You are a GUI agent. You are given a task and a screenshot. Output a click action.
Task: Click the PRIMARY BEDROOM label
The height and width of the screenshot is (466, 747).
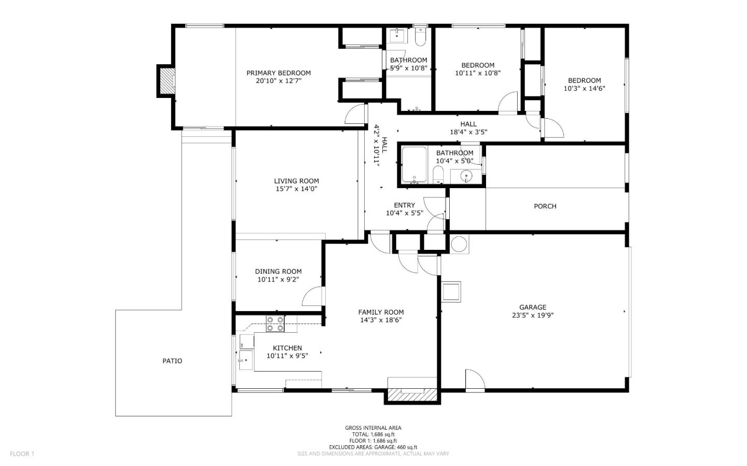point(279,73)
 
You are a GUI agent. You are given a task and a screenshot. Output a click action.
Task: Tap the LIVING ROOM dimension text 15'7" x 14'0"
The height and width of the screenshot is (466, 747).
point(296,189)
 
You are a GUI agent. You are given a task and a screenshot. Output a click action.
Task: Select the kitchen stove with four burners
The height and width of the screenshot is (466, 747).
point(275,323)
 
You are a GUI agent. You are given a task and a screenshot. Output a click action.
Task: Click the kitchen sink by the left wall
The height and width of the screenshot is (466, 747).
point(245,358)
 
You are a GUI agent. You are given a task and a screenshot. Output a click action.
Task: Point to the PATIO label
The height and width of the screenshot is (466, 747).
point(172,361)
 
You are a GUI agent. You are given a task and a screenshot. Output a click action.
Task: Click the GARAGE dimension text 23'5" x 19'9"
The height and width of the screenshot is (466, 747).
point(533,315)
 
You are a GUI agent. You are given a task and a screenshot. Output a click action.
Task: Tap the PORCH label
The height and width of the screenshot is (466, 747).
point(545,206)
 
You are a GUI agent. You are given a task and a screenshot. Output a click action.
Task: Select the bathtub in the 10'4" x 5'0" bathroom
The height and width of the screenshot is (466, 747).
point(414,165)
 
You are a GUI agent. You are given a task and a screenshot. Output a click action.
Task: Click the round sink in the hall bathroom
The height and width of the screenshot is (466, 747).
point(466,176)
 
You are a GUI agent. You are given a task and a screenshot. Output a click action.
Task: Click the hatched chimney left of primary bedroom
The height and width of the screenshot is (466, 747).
point(167,81)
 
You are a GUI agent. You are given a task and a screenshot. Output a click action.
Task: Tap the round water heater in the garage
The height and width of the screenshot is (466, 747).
point(459,244)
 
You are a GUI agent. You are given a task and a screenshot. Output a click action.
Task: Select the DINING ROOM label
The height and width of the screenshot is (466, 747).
point(278,272)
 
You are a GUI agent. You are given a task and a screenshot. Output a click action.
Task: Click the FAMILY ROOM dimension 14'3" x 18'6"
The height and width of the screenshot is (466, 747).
point(381,320)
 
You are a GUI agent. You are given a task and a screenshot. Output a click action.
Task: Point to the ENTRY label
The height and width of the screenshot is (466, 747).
point(404,205)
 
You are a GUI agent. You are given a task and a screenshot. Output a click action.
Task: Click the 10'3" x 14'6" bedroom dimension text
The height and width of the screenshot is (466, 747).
point(584,89)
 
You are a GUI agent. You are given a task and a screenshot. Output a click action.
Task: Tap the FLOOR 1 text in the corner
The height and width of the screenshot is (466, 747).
point(22,454)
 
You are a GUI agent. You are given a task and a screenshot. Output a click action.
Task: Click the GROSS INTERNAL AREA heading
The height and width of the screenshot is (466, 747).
point(373,428)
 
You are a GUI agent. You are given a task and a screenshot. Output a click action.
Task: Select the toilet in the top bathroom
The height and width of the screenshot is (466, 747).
point(420,36)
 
